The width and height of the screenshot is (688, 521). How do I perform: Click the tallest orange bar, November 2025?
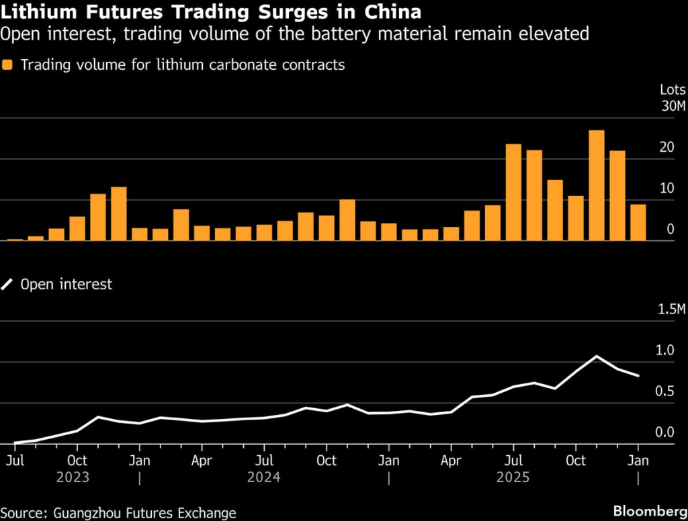pyautogui.click(x=596, y=185)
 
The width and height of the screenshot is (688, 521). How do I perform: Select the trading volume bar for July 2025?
pyautogui.click(x=513, y=192)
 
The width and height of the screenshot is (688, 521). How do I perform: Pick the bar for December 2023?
pyautogui.click(x=119, y=214)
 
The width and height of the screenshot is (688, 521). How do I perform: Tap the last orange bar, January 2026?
pyautogui.click(x=638, y=222)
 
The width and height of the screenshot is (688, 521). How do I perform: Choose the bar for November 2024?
pyautogui.click(x=347, y=220)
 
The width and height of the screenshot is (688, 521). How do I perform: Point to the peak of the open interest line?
pyautogui.click(x=596, y=357)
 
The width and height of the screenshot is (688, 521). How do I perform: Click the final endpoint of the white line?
pyautogui.click(x=638, y=376)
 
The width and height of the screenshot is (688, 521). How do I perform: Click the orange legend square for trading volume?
pyautogui.click(x=8, y=65)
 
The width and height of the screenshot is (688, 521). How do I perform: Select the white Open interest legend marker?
pyautogui.click(x=8, y=285)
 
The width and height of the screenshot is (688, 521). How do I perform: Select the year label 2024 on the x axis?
pyautogui.click(x=263, y=477)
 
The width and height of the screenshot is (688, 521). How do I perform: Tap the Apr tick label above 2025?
pyautogui.click(x=451, y=461)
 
